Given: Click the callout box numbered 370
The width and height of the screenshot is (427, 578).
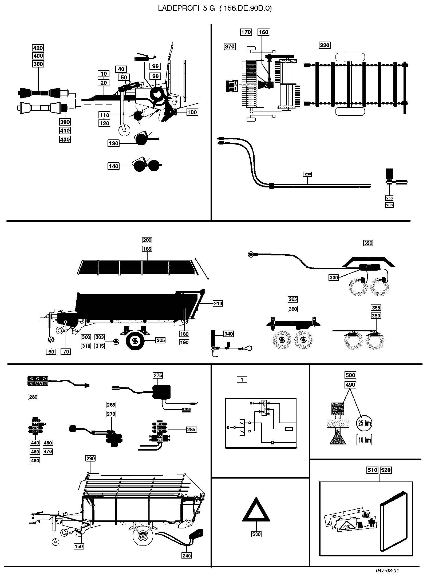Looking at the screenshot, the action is click(x=230, y=47).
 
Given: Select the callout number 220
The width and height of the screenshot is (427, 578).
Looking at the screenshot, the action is click(x=325, y=45).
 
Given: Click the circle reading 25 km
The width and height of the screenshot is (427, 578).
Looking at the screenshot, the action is click(x=364, y=423).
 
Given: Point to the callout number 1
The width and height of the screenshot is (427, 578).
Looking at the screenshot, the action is click(x=242, y=379).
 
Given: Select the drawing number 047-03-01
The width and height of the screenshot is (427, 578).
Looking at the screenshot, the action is click(x=387, y=571).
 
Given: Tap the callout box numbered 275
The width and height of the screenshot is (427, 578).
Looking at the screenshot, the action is click(x=158, y=375).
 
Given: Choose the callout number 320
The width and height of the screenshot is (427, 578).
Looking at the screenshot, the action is click(x=368, y=243).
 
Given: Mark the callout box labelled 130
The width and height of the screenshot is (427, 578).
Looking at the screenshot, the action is click(x=113, y=143).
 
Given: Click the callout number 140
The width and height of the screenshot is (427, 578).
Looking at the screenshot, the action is click(x=113, y=166).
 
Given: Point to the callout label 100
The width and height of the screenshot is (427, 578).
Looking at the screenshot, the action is click(x=192, y=112).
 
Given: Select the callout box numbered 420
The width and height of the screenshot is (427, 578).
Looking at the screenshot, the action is click(x=38, y=48).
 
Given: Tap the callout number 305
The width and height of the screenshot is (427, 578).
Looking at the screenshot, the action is click(x=160, y=340).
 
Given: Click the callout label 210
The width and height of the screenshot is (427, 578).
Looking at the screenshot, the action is click(x=218, y=303).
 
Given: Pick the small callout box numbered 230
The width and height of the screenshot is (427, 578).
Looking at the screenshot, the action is click(x=307, y=174).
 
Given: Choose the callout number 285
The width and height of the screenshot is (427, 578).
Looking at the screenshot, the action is click(x=191, y=430).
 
